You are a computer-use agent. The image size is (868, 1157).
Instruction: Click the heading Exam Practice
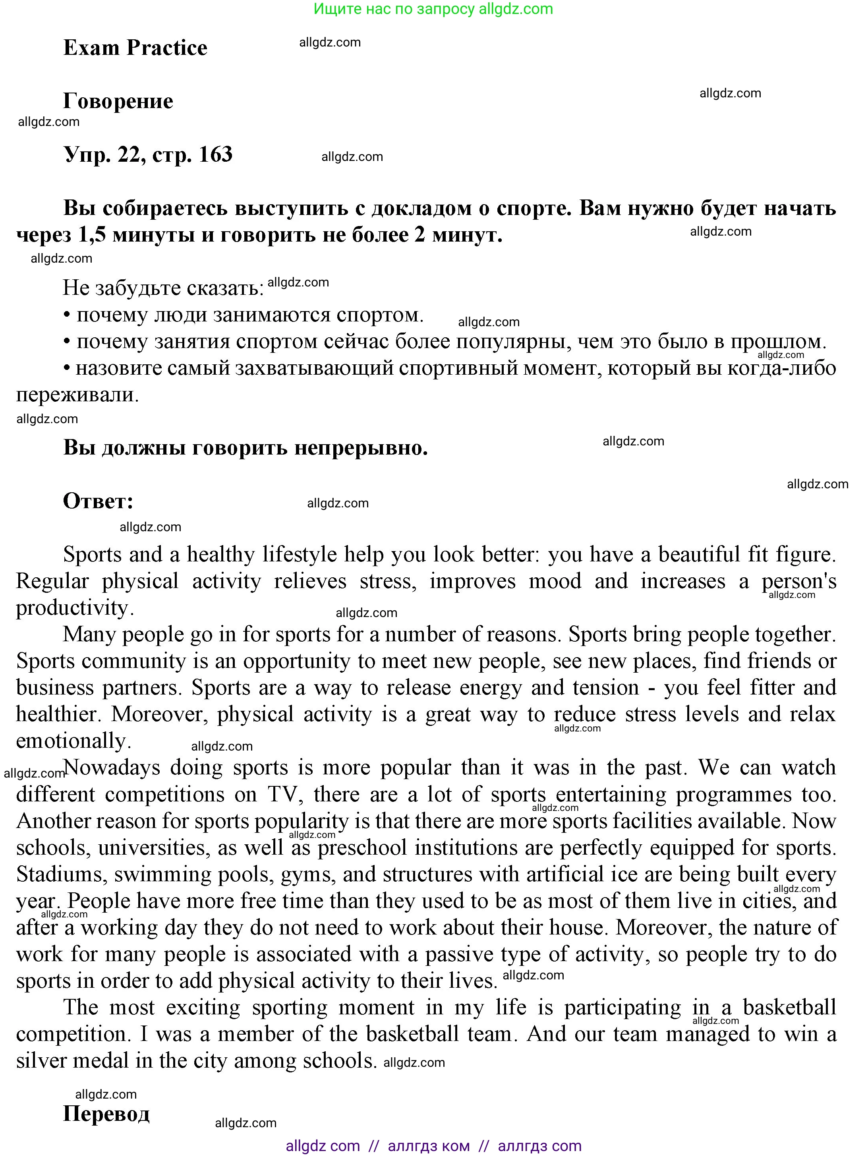tap(135, 48)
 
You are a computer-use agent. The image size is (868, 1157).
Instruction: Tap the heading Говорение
tap(118, 101)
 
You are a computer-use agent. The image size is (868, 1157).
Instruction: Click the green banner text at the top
tap(433, 9)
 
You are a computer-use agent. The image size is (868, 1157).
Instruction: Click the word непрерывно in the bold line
tap(361, 448)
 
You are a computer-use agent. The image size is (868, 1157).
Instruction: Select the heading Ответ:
tap(98, 501)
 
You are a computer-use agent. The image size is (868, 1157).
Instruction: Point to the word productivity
tap(75, 608)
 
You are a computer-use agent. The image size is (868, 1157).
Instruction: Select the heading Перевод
tap(106, 1114)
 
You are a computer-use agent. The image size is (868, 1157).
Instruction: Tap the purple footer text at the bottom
tap(433, 1146)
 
